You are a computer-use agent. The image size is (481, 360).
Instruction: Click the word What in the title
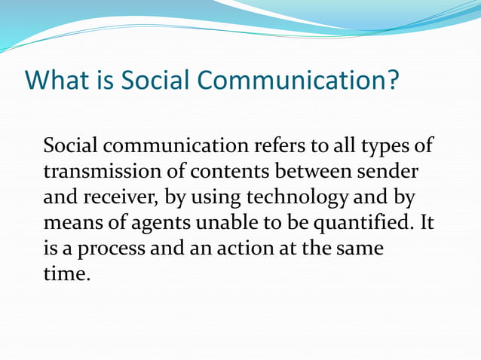pos(56,80)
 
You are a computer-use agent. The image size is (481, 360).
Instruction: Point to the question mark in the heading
pos(390,80)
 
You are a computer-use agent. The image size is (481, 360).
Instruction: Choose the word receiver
pos(121,197)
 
